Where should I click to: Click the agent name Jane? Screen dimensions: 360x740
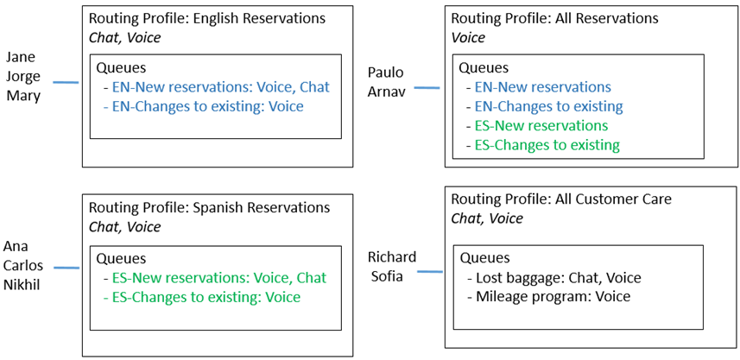click(x=21, y=57)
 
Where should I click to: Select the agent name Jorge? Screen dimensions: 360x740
click(x=23, y=76)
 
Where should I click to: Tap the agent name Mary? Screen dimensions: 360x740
click(x=22, y=95)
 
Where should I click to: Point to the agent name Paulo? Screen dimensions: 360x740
click(x=384, y=73)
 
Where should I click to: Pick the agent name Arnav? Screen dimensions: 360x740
click(x=386, y=92)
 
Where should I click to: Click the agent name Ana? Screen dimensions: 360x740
click(x=16, y=246)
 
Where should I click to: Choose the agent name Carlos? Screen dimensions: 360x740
click(x=23, y=265)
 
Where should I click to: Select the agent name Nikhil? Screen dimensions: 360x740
click(x=22, y=284)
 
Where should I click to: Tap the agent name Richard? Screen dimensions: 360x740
click(x=392, y=257)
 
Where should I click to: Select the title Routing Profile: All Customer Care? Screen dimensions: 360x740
click(x=561, y=199)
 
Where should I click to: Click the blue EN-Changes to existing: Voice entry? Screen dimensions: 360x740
click(x=203, y=106)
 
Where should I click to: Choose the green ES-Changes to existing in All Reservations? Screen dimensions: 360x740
click(x=547, y=145)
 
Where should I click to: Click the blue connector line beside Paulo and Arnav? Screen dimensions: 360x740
click(x=427, y=87)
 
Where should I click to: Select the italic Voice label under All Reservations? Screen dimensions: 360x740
click(x=468, y=37)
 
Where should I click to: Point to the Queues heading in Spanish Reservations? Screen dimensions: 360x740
click(x=121, y=258)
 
